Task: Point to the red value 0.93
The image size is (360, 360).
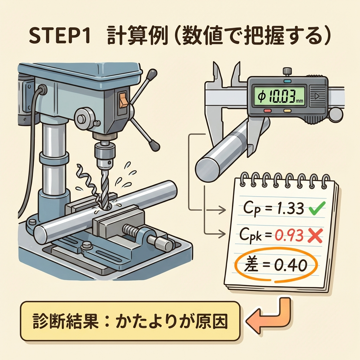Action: (x=289, y=235)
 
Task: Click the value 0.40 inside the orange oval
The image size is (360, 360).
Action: (x=291, y=265)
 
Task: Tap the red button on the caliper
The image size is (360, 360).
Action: (x=268, y=111)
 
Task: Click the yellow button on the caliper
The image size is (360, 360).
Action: (x=288, y=111)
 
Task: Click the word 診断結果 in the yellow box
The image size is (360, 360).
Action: (x=65, y=321)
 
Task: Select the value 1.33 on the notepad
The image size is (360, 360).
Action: (x=290, y=209)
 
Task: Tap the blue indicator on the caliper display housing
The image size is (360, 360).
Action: (x=287, y=81)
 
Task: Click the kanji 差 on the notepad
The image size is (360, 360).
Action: (x=251, y=265)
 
